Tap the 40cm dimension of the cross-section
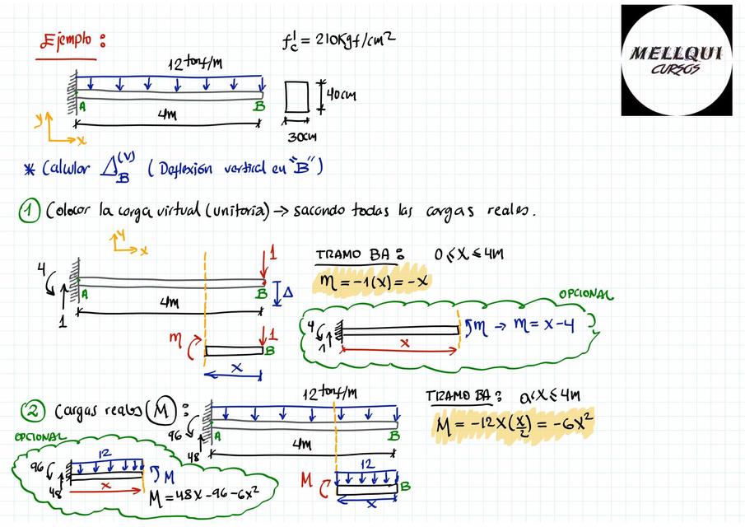pyautogui.click(x=341, y=96)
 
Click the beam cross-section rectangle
pyautogui.click(x=296, y=97)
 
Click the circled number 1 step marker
pyautogui.click(x=29, y=212)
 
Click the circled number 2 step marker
pyautogui.click(x=30, y=411)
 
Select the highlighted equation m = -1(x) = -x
pyautogui.click(x=372, y=282)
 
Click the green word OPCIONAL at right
pyautogui.click(x=586, y=295)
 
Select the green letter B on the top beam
pyautogui.click(x=259, y=106)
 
